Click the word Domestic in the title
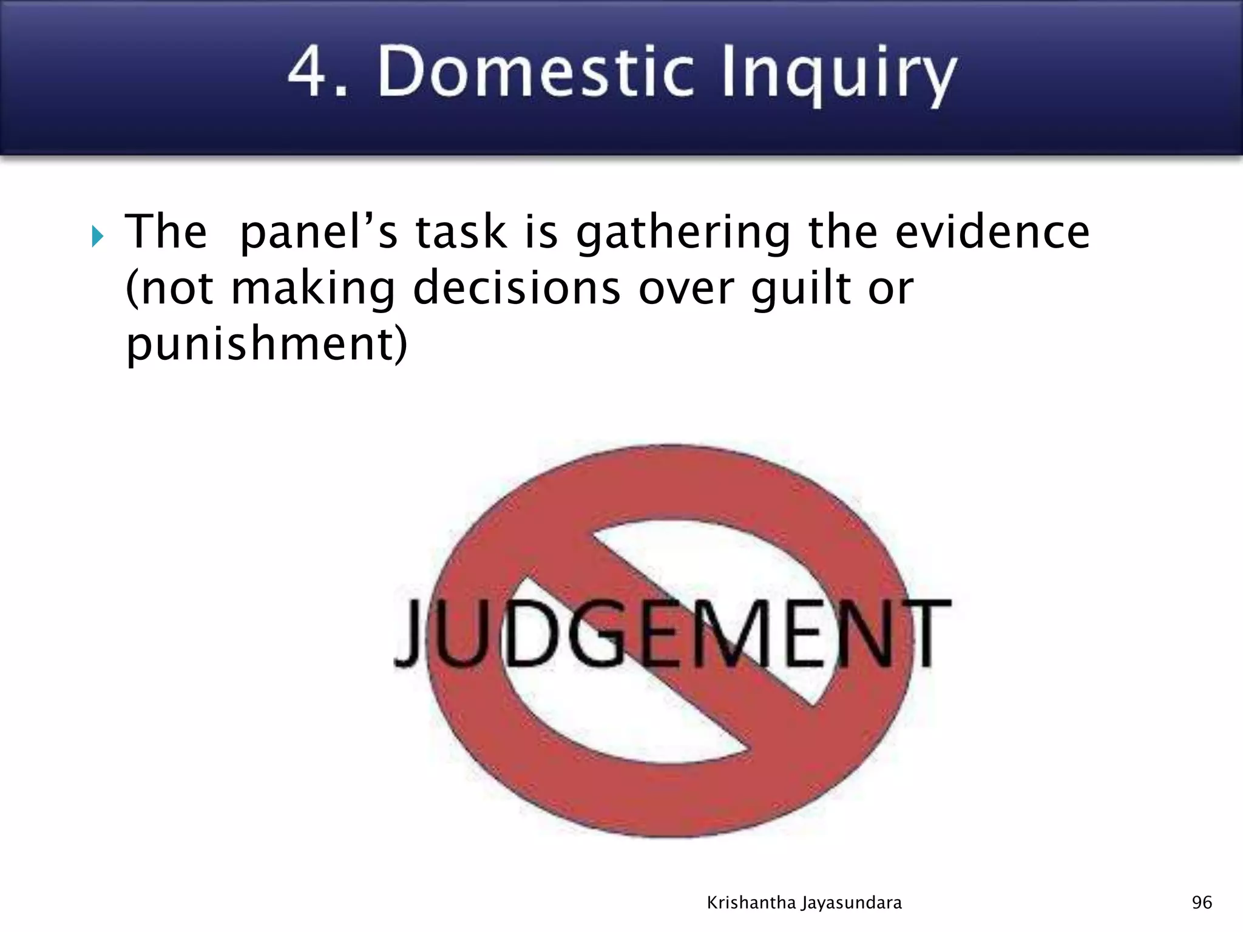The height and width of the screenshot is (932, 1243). click(x=535, y=73)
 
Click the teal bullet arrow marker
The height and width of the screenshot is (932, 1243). click(x=98, y=236)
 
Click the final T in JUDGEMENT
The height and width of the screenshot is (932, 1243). click(x=927, y=632)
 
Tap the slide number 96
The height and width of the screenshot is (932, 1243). click(x=1202, y=903)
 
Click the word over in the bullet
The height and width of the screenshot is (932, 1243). click(x=686, y=289)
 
